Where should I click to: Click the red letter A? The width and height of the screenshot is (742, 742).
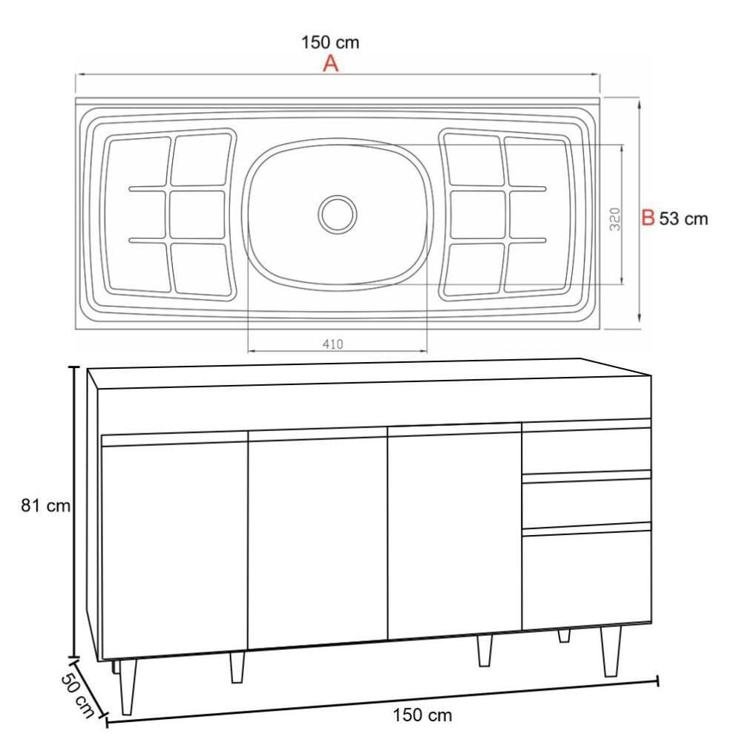click(x=331, y=63)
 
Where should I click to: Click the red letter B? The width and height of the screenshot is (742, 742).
click(x=648, y=218)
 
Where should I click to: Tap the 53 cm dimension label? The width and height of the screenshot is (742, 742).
click(x=683, y=219)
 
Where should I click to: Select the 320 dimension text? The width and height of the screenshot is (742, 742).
click(x=614, y=219)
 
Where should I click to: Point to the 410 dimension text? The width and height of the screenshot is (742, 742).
click(x=332, y=344)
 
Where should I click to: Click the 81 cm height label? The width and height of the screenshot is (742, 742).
click(x=45, y=505)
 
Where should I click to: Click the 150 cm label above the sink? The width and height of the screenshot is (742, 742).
click(x=330, y=42)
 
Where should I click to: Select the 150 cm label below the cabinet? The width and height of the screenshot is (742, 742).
click(x=422, y=715)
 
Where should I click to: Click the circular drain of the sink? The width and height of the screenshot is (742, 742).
click(x=338, y=214)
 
